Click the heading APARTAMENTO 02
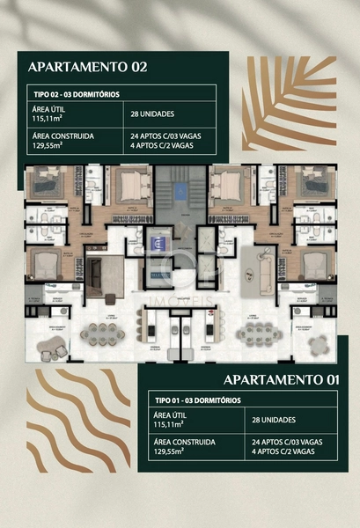87,66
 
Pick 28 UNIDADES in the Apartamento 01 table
277,422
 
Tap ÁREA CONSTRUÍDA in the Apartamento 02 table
62,136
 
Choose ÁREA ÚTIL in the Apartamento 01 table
171,415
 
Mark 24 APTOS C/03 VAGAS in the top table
169,136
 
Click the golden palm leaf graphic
289,101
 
